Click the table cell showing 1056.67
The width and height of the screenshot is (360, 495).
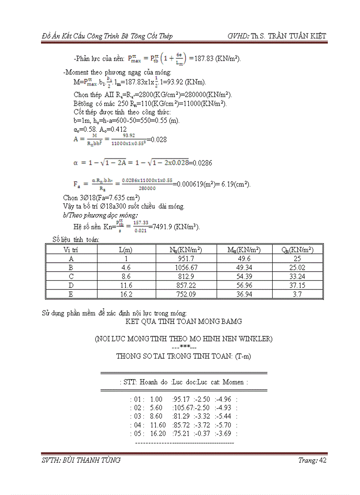[x=186, y=267]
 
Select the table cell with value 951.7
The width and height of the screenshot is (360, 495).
[x=186, y=259]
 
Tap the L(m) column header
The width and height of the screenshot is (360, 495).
[x=126, y=249]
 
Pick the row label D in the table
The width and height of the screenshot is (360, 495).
[x=71, y=286]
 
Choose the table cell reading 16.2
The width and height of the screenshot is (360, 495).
[x=126, y=294]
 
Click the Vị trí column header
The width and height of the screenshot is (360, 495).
[x=71, y=249]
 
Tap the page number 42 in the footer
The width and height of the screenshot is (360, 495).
[x=322, y=461]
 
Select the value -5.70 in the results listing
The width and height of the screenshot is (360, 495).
[x=224, y=425]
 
